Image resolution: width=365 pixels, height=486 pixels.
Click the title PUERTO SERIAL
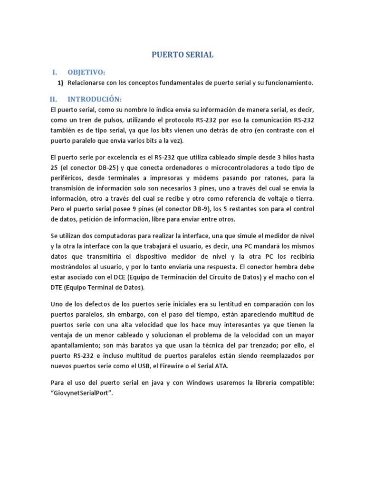[x=182, y=55]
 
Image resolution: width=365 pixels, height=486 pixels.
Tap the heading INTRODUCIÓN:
[x=95, y=99]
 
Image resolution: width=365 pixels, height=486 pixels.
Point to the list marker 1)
[x=60, y=83]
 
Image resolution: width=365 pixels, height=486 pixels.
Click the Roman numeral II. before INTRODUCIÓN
[x=54, y=99]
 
